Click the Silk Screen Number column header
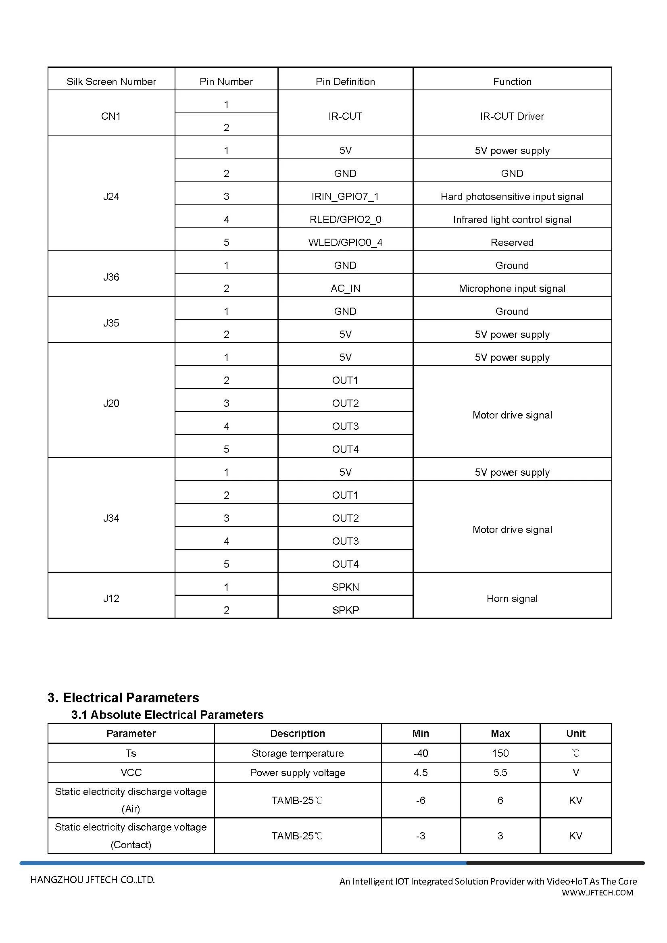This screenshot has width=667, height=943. (111, 82)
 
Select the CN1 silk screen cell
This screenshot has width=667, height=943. (111, 116)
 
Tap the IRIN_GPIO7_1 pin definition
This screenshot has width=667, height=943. (345, 196)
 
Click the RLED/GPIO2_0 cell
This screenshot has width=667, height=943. (345, 219)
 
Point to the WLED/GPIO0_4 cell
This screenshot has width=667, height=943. (345, 242)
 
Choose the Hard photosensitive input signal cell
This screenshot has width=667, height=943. (512, 196)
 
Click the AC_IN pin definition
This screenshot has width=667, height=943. (345, 288)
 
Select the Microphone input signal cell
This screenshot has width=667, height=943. (512, 288)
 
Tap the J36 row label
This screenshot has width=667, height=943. (111, 277)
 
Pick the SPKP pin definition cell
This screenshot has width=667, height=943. (345, 610)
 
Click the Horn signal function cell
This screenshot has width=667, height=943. (512, 598)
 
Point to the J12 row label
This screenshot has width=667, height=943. (111, 598)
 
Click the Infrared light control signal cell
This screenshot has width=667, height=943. (512, 219)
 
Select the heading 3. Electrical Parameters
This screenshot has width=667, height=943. (123, 697)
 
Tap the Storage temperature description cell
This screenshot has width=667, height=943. (297, 753)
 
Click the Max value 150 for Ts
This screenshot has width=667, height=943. (500, 753)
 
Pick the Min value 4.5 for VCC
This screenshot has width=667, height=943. (421, 772)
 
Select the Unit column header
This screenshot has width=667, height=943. (575, 733)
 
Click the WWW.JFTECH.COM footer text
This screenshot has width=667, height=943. (597, 893)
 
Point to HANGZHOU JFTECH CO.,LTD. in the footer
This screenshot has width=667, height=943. (92, 880)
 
